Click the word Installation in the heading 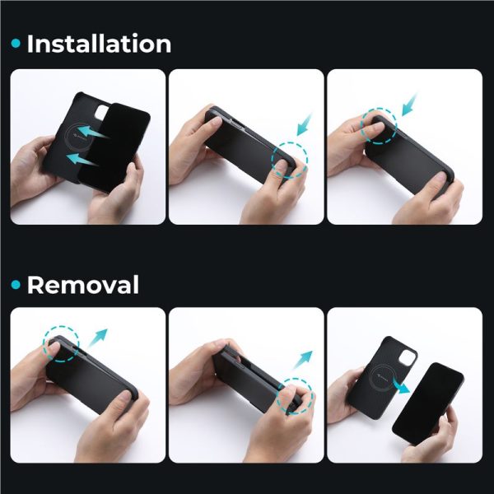[x=99, y=44]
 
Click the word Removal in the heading [x=83, y=285]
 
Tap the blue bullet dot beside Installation [x=16, y=44]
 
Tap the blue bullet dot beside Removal [x=16, y=285]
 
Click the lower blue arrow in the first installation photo [x=82, y=159]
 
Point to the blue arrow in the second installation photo [x=304, y=124]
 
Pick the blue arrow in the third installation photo [x=409, y=105]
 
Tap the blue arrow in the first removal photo [x=98, y=338]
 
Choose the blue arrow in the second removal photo [x=303, y=360]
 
